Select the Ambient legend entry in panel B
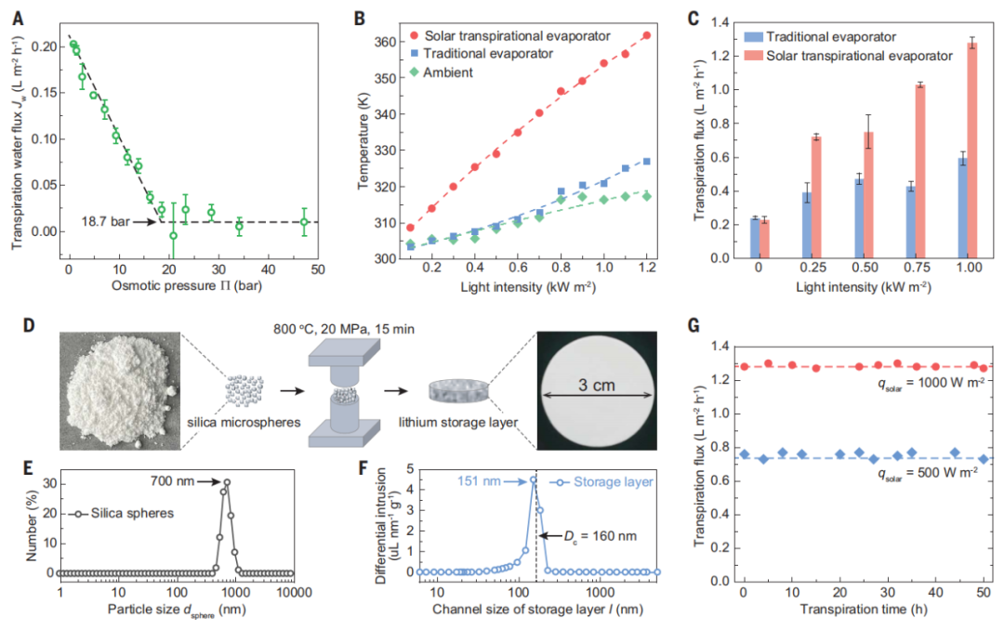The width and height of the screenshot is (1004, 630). tap(448, 72)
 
